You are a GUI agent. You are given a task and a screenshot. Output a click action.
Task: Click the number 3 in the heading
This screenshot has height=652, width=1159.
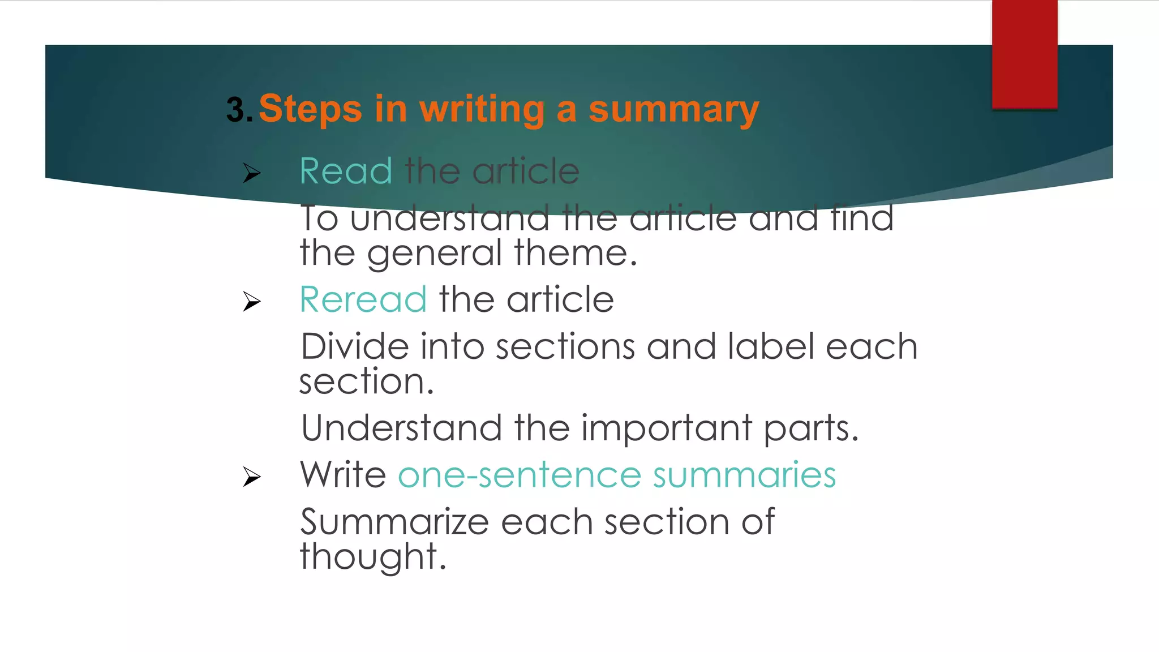tap(235, 110)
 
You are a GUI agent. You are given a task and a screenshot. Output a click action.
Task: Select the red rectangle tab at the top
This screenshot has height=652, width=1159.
tap(1024, 54)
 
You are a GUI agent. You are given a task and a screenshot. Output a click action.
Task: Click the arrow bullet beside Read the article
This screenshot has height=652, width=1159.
tap(252, 173)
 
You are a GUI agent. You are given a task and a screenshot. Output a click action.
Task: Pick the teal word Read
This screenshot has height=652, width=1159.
tap(346, 171)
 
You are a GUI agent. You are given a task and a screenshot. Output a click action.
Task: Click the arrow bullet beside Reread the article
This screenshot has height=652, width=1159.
tap(252, 301)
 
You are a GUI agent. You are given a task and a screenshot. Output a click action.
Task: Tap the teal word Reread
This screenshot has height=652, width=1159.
tap(363, 299)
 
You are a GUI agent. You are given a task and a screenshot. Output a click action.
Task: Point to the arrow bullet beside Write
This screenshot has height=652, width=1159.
tap(252, 477)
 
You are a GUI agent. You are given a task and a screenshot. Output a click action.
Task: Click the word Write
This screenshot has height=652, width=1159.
tap(343, 474)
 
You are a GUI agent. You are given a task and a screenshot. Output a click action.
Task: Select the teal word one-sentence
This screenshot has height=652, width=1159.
tap(520, 475)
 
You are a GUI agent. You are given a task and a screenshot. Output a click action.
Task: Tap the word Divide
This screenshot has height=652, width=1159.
tap(354, 346)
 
